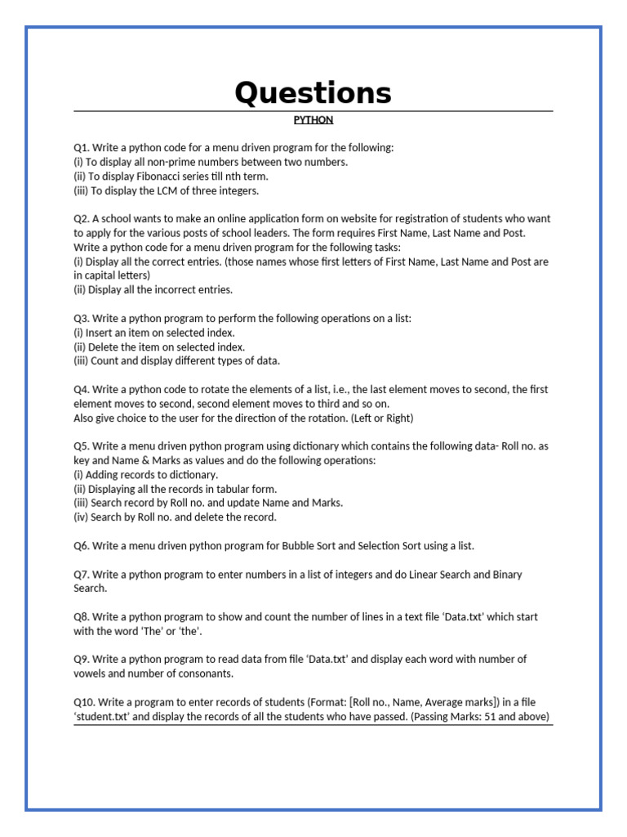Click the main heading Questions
[313, 94]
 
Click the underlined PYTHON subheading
[313, 119]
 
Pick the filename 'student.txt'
[106, 717]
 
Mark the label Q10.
[84, 702]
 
